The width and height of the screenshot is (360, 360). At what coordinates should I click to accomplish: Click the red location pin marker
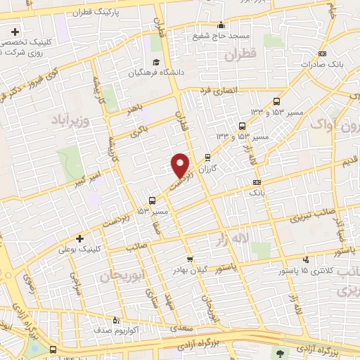pos(181,165)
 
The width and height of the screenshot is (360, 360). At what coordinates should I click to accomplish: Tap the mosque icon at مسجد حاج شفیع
pos(221,25)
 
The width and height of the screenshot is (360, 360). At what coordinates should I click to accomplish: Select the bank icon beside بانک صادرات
pos(323,53)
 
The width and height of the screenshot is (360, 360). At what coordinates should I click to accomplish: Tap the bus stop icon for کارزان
pos(207,157)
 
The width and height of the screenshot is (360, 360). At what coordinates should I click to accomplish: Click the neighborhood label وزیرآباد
pos(71,122)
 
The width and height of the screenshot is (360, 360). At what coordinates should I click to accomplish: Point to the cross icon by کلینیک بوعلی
pos(79,238)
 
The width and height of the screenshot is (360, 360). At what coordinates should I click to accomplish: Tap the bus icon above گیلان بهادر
pos(188,259)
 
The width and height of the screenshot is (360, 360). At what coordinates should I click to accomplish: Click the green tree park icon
pos(282,353)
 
